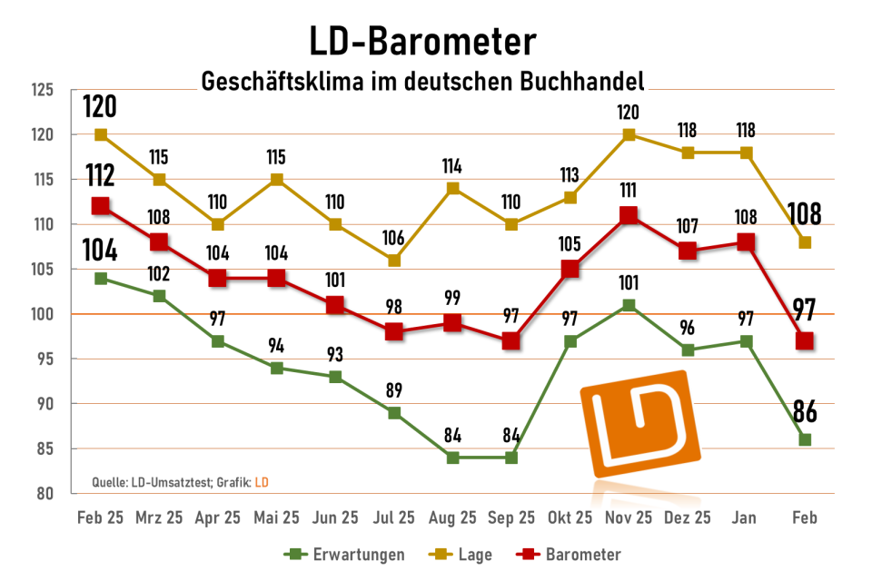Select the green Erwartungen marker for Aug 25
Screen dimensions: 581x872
coord(452,458)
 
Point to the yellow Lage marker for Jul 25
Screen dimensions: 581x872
coord(394,261)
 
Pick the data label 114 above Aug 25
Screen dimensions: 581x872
coord(452,166)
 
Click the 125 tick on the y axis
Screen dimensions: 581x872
coord(43,90)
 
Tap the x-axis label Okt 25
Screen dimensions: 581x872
coord(570,517)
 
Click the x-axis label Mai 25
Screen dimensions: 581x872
coord(277,517)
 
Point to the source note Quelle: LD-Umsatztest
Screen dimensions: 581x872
coord(145,480)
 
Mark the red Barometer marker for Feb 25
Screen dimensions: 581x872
coord(101,206)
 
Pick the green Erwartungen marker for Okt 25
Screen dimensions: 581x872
coord(570,341)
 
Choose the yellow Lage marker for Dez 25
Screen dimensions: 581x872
coord(688,153)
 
